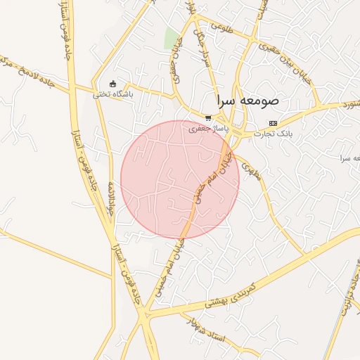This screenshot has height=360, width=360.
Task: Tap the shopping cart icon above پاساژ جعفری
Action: [x=207, y=118]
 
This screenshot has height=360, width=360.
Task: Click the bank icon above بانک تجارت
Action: [x=273, y=123]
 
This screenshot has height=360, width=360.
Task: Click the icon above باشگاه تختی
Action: [x=112, y=84]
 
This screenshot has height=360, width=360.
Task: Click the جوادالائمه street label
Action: [x=110, y=198]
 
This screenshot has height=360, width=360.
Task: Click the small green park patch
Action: [x=171, y=38]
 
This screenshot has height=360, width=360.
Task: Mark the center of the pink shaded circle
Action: [x=180, y=179]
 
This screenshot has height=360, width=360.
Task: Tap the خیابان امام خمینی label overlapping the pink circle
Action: [x=214, y=181]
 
